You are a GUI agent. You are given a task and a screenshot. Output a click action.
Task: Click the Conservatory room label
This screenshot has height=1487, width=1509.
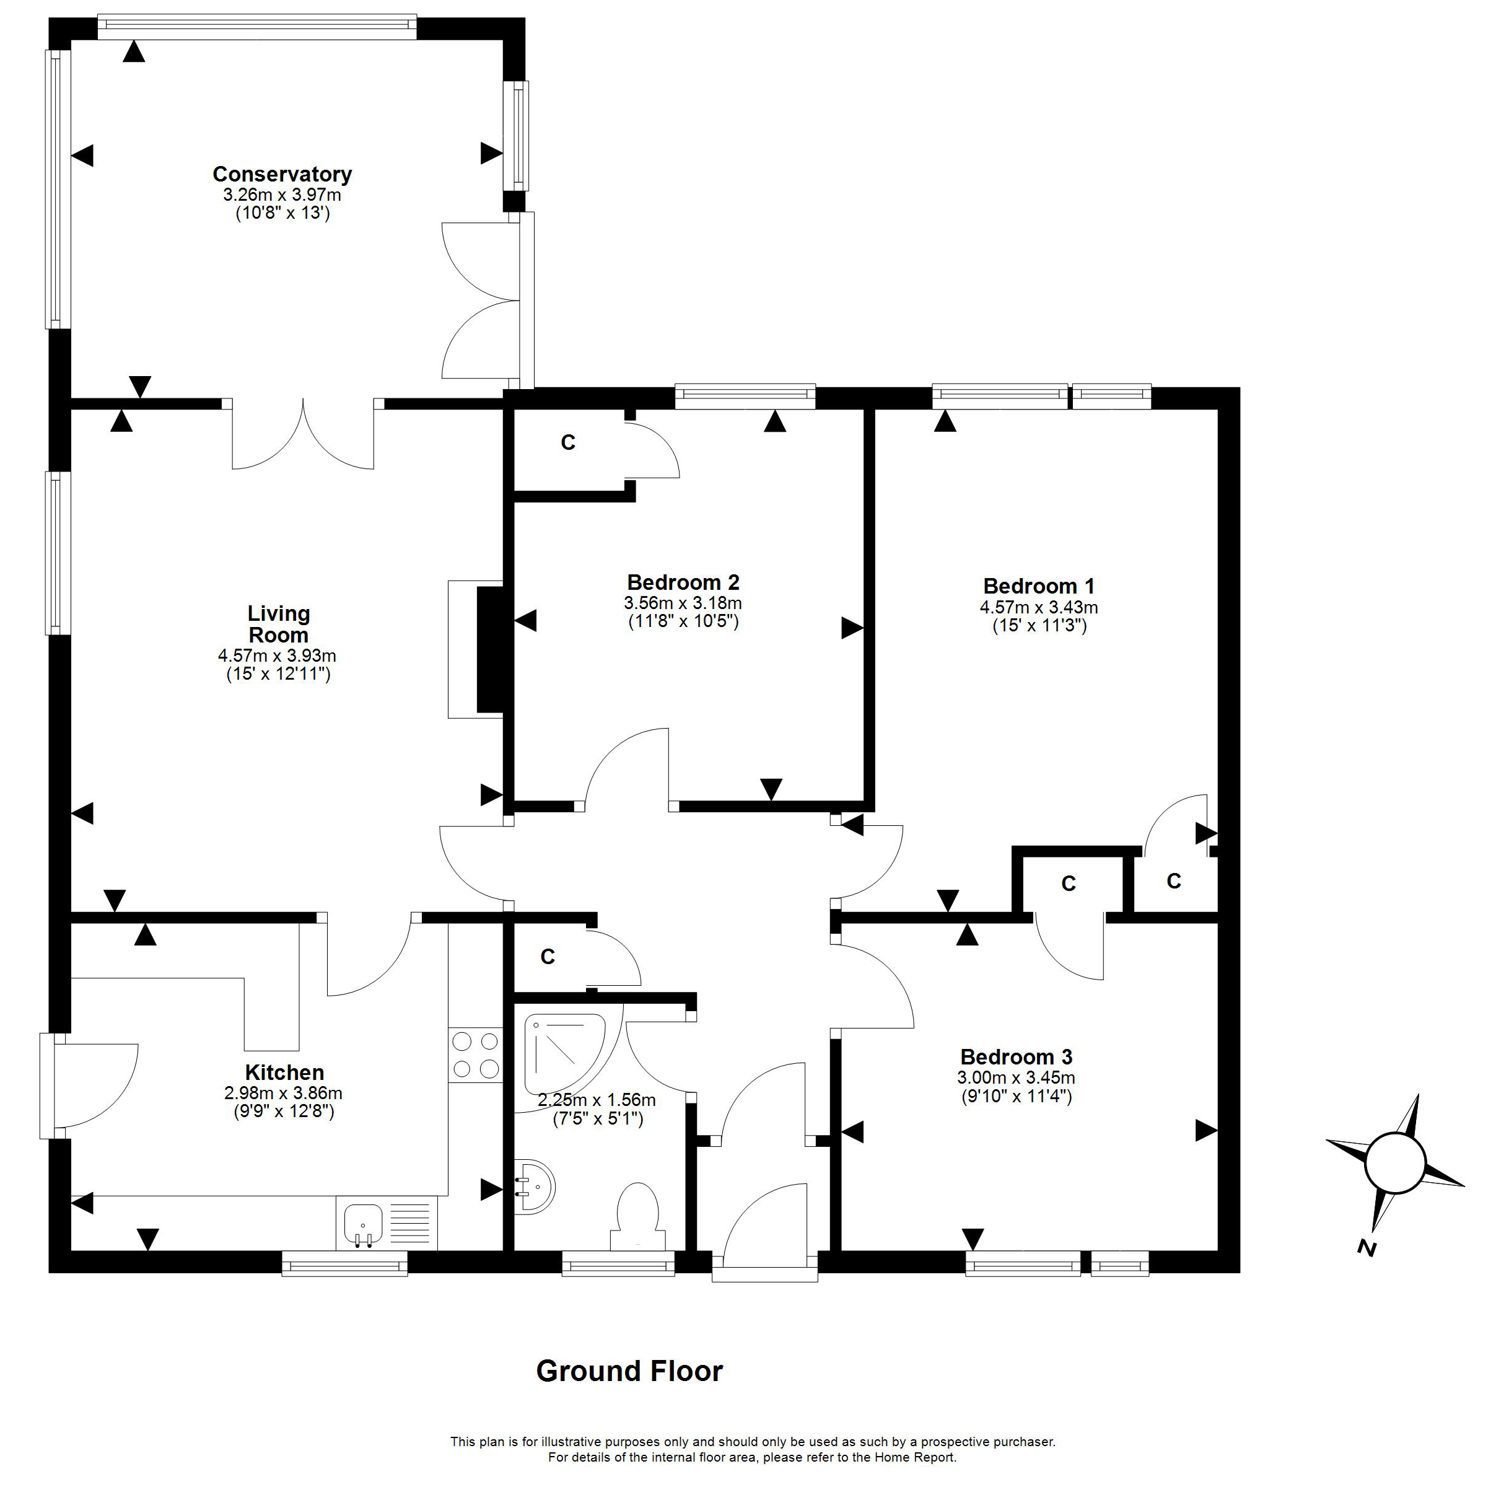[x=282, y=173]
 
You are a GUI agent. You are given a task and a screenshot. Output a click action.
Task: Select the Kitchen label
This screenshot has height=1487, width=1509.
[x=284, y=1072]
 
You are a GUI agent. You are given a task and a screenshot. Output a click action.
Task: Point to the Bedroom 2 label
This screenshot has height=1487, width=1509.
[x=683, y=582]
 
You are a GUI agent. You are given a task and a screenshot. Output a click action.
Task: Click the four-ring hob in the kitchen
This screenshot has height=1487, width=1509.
[x=475, y=1055]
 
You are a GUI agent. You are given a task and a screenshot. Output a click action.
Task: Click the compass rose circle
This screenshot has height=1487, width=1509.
[x=1395, y=1162]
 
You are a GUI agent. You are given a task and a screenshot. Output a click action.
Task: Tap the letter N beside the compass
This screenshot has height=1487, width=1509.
[x=1366, y=1247]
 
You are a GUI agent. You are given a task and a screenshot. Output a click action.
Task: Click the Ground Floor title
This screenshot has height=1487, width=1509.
[x=629, y=1371]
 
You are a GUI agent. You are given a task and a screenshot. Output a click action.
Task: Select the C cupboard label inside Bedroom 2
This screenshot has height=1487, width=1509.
[x=568, y=443]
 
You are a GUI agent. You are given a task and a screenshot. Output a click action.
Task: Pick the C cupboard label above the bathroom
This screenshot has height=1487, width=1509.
[x=548, y=957]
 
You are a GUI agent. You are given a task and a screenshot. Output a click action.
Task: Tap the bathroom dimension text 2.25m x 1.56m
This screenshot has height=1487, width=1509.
[x=597, y=1100]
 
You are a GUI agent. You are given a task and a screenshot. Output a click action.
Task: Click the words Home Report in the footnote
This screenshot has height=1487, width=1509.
[x=914, y=1457]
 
